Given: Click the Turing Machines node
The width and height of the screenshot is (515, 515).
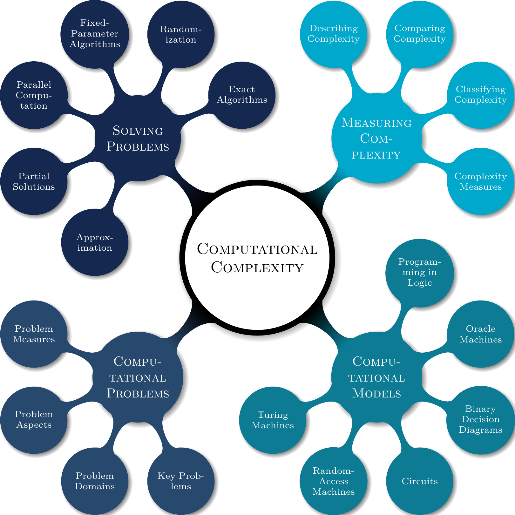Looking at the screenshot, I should click(x=273, y=420).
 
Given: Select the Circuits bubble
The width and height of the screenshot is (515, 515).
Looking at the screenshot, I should click(x=419, y=481).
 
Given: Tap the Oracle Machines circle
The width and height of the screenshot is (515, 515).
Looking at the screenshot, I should click(x=480, y=334).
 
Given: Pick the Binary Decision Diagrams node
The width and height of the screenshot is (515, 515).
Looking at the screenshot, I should click(x=480, y=419).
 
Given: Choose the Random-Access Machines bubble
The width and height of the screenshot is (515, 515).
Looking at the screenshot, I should click(x=334, y=481).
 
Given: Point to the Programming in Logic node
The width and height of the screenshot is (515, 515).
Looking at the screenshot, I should click(x=419, y=273).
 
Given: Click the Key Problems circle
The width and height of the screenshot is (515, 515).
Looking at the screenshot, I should click(x=181, y=481).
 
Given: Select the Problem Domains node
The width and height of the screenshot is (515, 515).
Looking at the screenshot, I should click(x=95, y=481).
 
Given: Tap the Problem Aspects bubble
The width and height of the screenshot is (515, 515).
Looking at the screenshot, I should click(x=34, y=419).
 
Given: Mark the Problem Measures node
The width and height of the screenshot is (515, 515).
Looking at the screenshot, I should click(x=34, y=334).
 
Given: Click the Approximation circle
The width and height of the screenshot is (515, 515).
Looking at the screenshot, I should click(x=95, y=242).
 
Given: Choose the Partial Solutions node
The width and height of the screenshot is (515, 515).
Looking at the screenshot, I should click(x=34, y=181).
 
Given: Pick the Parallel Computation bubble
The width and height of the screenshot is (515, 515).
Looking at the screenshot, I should click(x=34, y=95).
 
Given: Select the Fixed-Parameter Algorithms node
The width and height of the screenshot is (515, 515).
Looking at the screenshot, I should click(x=95, y=34).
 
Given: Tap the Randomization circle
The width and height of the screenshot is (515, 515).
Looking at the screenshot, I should click(x=181, y=34).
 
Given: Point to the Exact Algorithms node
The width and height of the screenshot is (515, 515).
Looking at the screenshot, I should click(x=242, y=94).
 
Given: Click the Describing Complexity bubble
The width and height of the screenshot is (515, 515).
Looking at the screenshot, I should click(x=334, y=34).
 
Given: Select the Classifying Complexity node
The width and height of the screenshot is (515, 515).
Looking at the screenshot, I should click(x=480, y=94).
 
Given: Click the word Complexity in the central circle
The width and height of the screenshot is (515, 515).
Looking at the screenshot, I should click(x=257, y=268).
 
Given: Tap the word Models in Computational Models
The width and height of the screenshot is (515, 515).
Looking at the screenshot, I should click(x=376, y=394).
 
